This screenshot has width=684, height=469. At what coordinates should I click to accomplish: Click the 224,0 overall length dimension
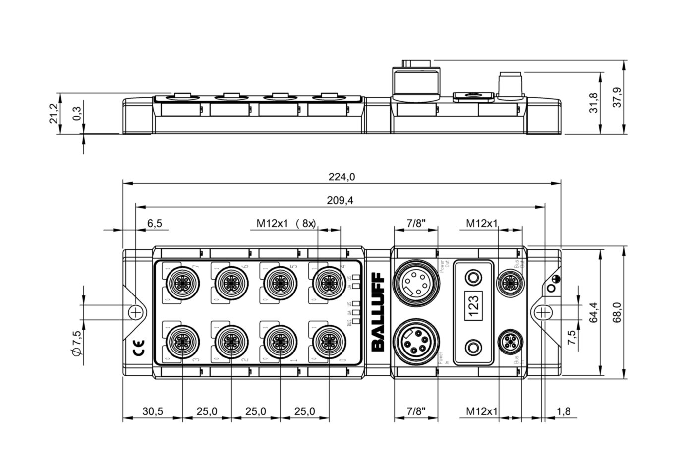pos(342,177)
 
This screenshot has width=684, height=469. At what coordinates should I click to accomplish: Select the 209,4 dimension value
pos(340,200)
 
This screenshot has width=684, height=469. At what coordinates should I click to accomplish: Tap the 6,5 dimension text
pos(154,223)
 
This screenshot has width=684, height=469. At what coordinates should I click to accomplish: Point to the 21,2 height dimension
pos(54,114)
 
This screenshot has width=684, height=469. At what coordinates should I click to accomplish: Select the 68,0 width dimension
pos(617,312)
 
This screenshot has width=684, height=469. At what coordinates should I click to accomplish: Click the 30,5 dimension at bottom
pos(153,411)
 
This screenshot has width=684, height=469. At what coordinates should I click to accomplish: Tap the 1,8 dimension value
pos(563,411)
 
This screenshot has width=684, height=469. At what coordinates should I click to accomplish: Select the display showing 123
pos(473,300)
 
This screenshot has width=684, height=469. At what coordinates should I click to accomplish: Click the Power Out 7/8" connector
pos(416,282)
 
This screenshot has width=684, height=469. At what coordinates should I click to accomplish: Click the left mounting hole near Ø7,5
pos(135,312)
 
